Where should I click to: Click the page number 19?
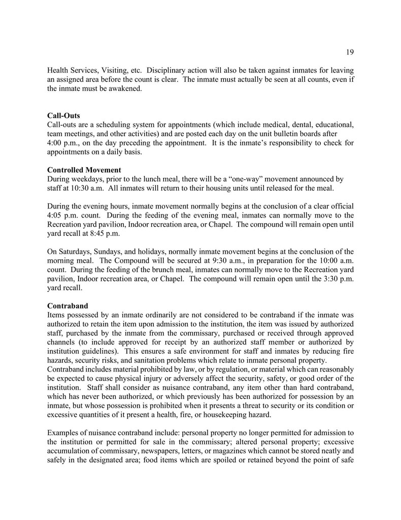click(x=350, y=52)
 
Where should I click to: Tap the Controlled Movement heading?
click(x=84, y=169)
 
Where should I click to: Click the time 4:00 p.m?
click(x=61, y=143)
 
